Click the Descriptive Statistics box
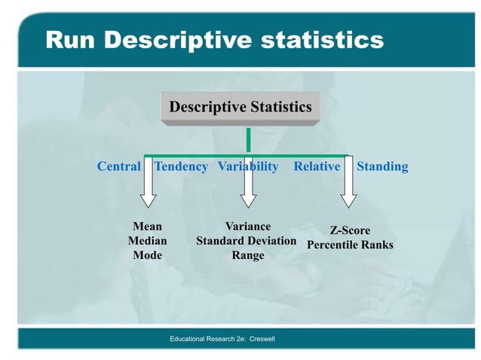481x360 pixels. click(240, 107)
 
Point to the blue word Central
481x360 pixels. click(119, 166)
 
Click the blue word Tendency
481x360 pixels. click(181, 166)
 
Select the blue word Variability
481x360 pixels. click(248, 166)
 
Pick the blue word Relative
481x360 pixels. click(317, 166)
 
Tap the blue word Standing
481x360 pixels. click(382, 166)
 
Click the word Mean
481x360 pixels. click(147, 226)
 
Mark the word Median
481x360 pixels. click(147, 241)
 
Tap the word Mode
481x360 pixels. click(147, 255)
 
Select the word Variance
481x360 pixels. click(248, 226)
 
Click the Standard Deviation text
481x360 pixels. click(246, 241)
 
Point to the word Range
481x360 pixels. click(248, 255)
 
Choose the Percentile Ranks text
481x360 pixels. click(350, 246)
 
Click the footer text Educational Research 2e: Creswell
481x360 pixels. click(222, 340)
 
